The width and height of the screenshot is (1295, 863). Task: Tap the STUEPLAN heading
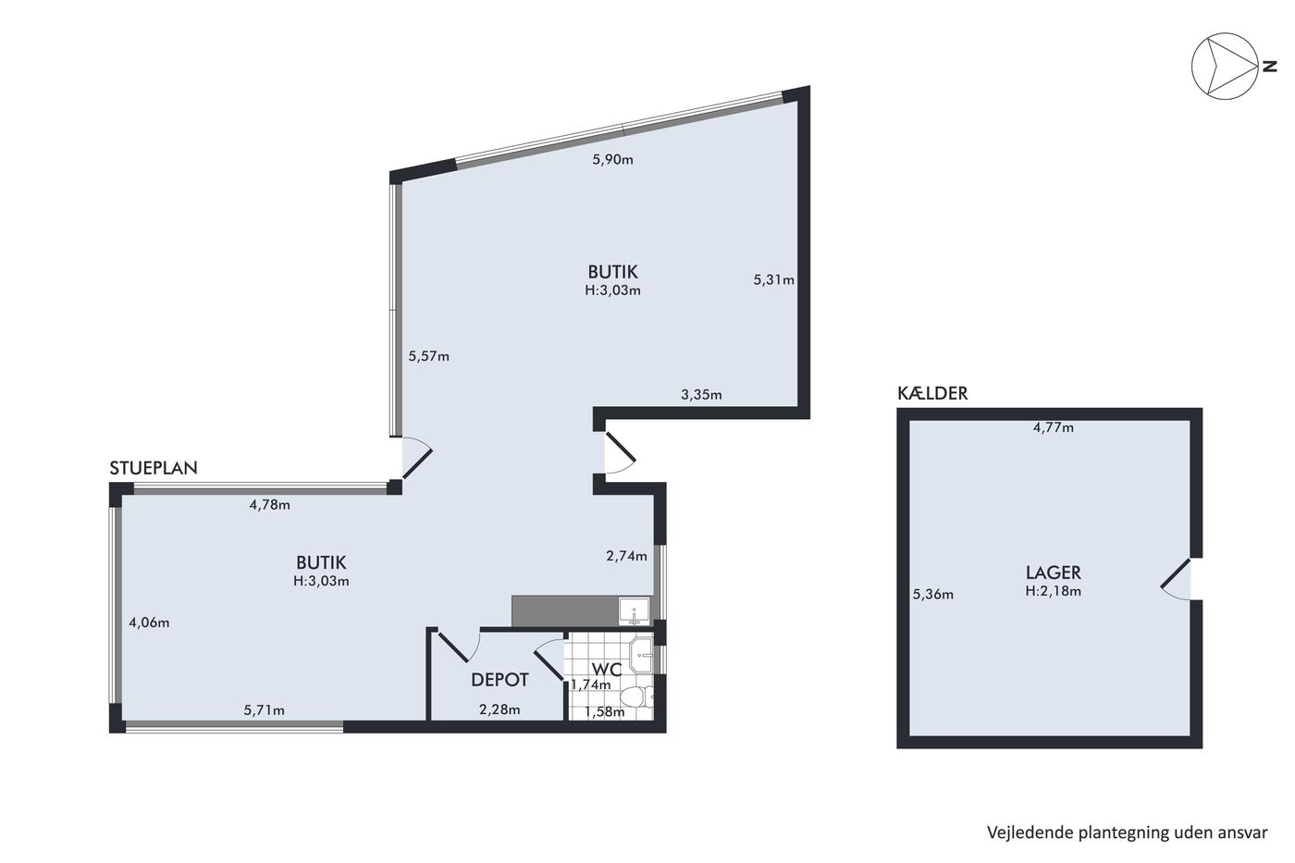coord(154,468)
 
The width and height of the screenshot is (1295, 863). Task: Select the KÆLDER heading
coord(932,394)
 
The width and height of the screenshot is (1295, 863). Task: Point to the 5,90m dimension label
coord(612,159)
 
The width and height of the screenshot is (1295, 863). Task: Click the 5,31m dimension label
coord(773,279)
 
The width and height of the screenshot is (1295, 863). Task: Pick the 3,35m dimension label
coord(701,395)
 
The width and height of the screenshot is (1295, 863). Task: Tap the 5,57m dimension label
coord(429,356)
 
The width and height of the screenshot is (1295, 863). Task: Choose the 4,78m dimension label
coord(270,505)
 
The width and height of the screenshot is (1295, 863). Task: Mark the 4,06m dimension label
coord(149,623)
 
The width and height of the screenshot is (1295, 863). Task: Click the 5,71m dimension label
coord(265,710)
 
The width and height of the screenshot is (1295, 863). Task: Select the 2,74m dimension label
coord(627,556)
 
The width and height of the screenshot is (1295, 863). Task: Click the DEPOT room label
coord(500,680)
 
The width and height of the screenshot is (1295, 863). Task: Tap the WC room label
coord(607,670)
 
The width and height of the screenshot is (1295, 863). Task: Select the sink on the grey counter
coord(635,612)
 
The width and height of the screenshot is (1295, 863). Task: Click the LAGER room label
coord(1054,573)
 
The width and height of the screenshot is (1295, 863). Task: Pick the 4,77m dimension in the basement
coord(1054,427)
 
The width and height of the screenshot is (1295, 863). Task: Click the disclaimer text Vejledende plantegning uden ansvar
coord(1128,832)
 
